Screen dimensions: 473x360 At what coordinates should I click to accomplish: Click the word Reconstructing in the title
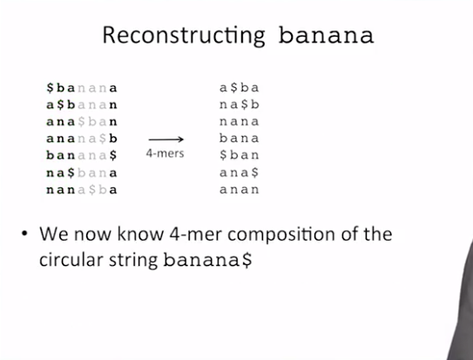pyautogui.click(x=184, y=36)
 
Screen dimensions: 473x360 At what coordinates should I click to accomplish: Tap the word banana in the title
pyautogui.click(x=326, y=36)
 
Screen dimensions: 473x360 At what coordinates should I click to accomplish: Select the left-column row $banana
pyautogui.click(x=82, y=88)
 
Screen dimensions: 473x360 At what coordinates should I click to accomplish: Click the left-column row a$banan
pyautogui.click(x=82, y=105)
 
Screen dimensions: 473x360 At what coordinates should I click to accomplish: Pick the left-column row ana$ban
pyautogui.click(x=82, y=122)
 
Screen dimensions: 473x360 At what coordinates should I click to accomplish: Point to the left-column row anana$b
pyautogui.click(x=82, y=139)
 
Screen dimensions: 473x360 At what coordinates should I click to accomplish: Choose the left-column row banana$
pyautogui.click(x=82, y=155)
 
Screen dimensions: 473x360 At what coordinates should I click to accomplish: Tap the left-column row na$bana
pyautogui.click(x=82, y=173)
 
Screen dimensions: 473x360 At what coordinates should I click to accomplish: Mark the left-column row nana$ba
pyautogui.click(x=82, y=190)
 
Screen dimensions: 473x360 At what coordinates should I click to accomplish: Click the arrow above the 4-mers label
pyautogui.click(x=166, y=139)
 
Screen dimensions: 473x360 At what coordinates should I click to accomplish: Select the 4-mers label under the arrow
pyautogui.click(x=165, y=153)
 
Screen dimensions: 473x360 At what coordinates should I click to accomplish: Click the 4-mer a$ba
pyautogui.click(x=240, y=88)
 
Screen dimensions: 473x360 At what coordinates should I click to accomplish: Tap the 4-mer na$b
pyautogui.click(x=240, y=105)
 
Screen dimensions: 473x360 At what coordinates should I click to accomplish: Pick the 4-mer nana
pyautogui.click(x=240, y=122)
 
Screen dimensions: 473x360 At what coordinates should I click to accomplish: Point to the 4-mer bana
pyautogui.click(x=240, y=139)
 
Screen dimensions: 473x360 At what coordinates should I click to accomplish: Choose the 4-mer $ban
pyautogui.click(x=240, y=155)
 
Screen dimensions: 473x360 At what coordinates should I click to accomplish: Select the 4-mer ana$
pyautogui.click(x=240, y=173)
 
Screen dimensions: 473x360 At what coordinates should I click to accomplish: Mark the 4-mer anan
pyautogui.click(x=240, y=189)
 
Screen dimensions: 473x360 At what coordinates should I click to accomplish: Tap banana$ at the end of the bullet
pyautogui.click(x=207, y=260)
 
